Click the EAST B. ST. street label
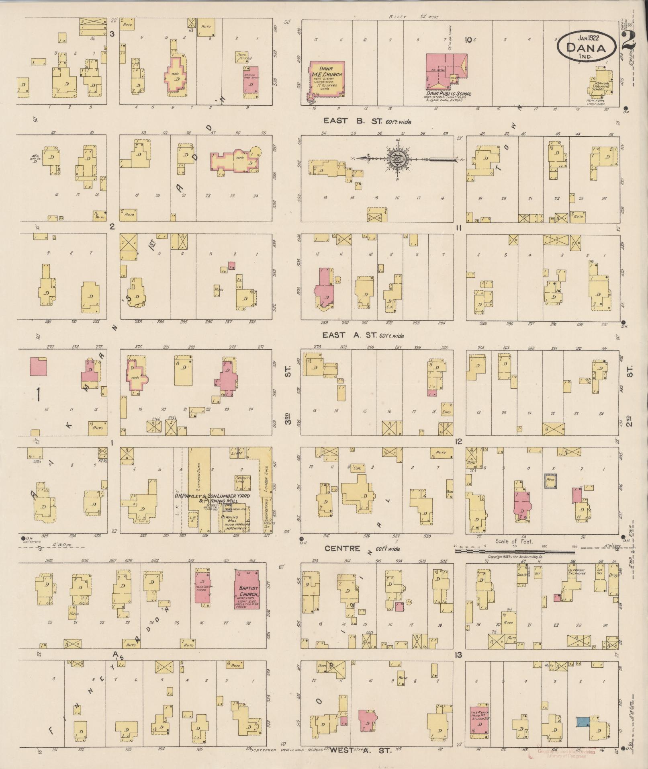[367, 121]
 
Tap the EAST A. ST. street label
[364, 335]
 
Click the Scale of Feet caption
[514, 541]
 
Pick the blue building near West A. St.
[583, 722]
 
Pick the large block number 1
[38, 395]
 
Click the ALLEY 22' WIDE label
[414, 17]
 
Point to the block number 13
[458, 655]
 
